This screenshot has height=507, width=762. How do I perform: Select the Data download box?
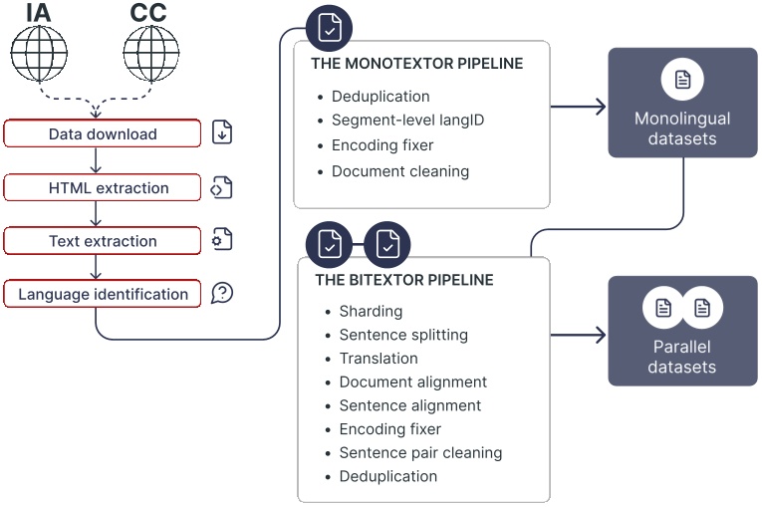103,133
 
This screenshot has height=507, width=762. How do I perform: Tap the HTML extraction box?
103,187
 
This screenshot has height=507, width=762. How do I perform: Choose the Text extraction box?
103,241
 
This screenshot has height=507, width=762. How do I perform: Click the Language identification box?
103,294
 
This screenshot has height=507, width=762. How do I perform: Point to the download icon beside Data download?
222,132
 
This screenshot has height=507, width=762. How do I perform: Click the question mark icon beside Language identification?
222,294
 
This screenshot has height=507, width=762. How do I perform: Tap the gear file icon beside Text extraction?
221,240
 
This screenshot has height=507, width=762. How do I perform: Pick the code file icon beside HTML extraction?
221,187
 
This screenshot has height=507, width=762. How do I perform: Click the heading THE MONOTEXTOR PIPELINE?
417,64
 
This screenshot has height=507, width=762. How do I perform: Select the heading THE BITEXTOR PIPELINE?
403,280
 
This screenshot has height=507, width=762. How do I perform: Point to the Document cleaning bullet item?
399,171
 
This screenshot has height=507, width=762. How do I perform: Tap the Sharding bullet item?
371,311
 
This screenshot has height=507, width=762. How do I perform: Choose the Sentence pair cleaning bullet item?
420,452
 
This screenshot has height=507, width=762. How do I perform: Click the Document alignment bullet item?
412,381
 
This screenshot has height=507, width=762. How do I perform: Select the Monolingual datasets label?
682,128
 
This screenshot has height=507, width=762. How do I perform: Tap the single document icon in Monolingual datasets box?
682,80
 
